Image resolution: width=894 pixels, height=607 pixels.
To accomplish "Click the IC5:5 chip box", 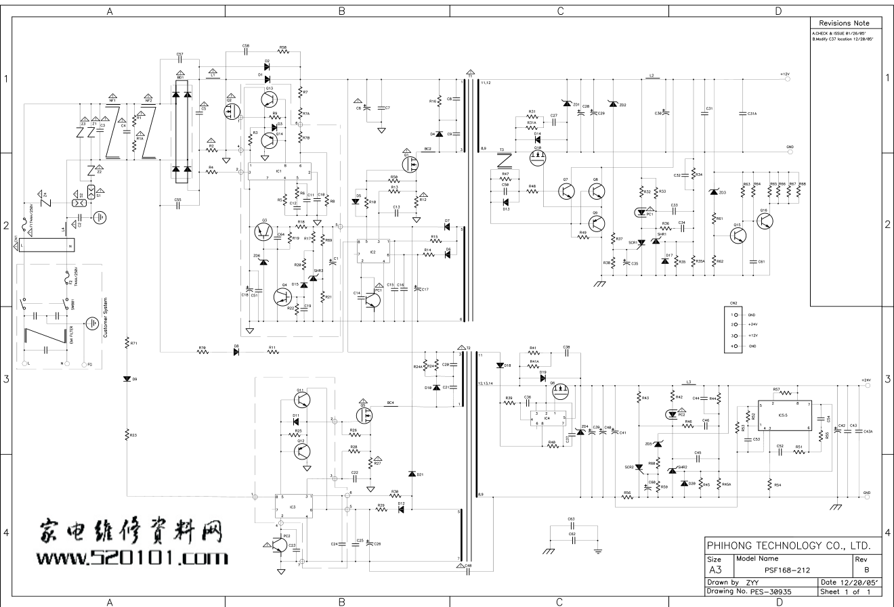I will point(785,415).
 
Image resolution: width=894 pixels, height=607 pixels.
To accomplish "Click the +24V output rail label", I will point(866,380).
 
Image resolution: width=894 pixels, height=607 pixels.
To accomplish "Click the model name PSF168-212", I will point(787,570).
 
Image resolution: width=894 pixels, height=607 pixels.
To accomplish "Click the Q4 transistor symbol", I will point(282,296).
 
